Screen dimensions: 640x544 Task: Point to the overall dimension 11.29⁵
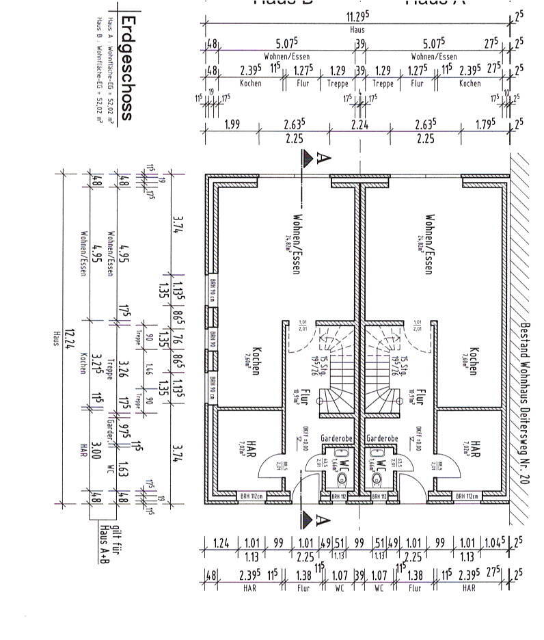point(357,16)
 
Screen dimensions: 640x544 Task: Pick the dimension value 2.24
point(359,124)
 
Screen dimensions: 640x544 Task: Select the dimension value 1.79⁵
point(487,124)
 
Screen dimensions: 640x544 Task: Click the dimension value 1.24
point(221,544)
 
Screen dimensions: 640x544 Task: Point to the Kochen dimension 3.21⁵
point(96,364)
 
